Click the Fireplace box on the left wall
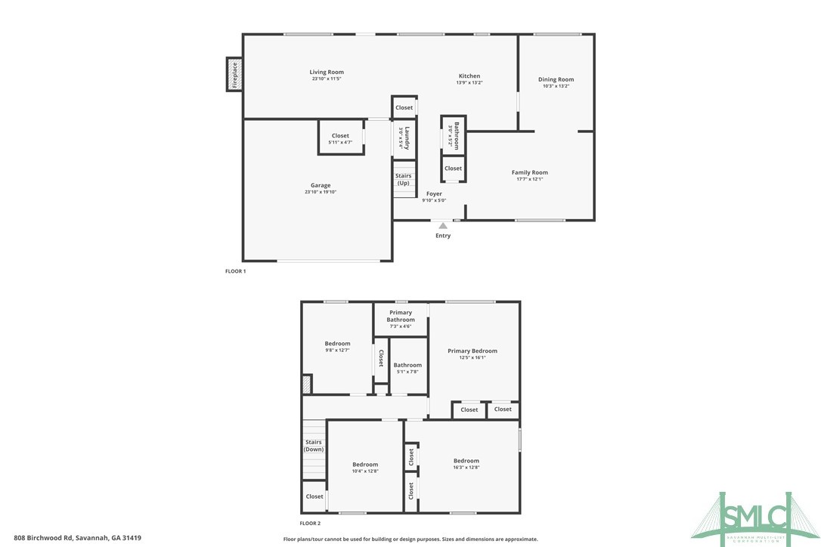(234, 74)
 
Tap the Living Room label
(327, 73)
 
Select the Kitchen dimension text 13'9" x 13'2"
(469, 82)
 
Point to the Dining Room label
(556, 79)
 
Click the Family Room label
(529, 172)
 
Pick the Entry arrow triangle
(443, 224)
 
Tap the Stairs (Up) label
(404, 180)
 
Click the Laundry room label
(406, 138)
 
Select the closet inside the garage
(340, 138)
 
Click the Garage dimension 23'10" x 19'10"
(320, 192)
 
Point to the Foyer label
(434, 194)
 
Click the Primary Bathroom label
(401, 316)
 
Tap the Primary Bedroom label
(472, 351)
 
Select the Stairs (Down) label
(313, 446)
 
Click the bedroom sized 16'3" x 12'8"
(466, 463)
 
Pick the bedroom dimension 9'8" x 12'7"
(337, 351)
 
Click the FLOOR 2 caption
(310, 523)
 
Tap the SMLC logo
(764, 517)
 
